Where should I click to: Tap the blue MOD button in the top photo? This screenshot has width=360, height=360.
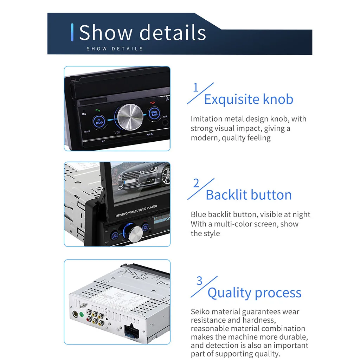point(99,122)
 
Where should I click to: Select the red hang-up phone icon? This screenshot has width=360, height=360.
point(152,103)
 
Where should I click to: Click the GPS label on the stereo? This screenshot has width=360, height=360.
point(150,134)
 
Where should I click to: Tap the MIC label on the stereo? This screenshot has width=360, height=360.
point(84,114)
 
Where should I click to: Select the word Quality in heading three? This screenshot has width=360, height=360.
point(229,293)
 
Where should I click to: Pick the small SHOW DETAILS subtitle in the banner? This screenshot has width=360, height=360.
point(115,49)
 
